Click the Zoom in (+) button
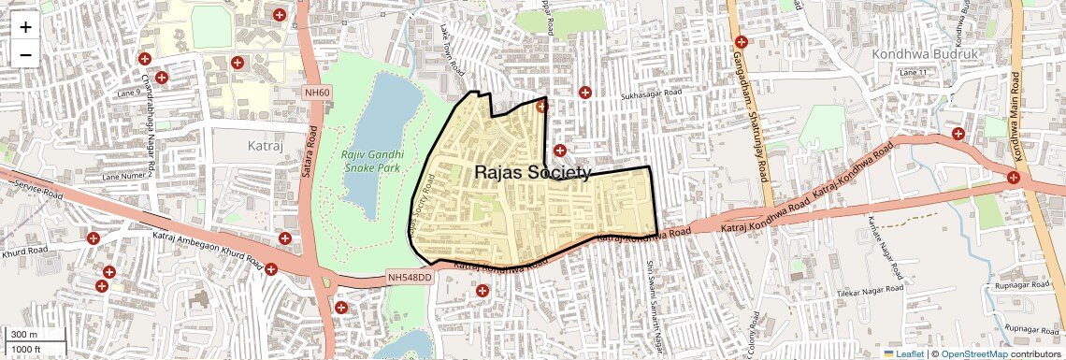click(x=25, y=26)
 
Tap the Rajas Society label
click(x=533, y=173)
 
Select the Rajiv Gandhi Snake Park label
click(x=372, y=161)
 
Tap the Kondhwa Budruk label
click(x=924, y=55)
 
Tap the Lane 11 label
click(x=912, y=72)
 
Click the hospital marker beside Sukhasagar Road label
click(x=585, y=93)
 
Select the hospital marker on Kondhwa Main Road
click(x=1014, y=177)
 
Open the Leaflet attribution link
click(x=903, y=353)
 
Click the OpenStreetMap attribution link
click(x=973, y=353)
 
